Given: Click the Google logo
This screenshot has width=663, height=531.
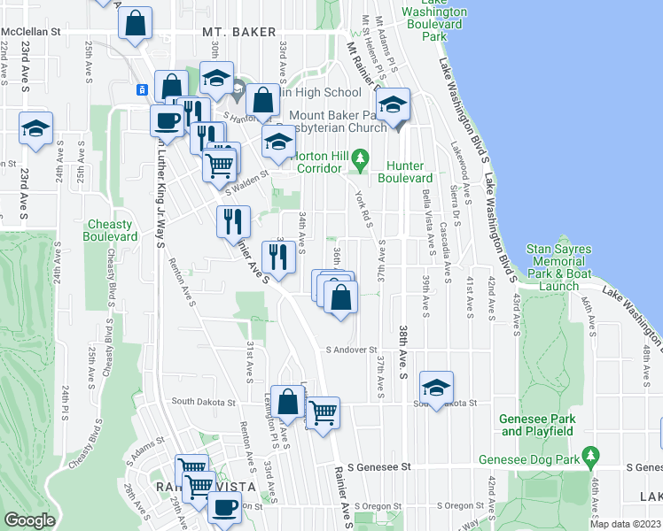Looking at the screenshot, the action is coord(29,520).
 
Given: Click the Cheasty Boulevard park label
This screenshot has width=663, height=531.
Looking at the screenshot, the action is coord(111,230).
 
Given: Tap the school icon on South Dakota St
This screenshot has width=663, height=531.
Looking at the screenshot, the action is coord(436,388).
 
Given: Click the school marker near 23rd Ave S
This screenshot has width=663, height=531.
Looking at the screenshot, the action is coord(36,128).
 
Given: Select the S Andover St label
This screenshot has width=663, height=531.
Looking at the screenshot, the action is coord(351,350).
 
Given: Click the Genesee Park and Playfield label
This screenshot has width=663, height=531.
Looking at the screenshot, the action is coord(539,425).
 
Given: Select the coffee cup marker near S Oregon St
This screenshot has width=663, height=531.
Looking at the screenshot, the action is coord(224,508).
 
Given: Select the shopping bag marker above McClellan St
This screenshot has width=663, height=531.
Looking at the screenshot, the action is coord(136,25).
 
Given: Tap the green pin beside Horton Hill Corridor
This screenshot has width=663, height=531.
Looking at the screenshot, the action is coord(359,159).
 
